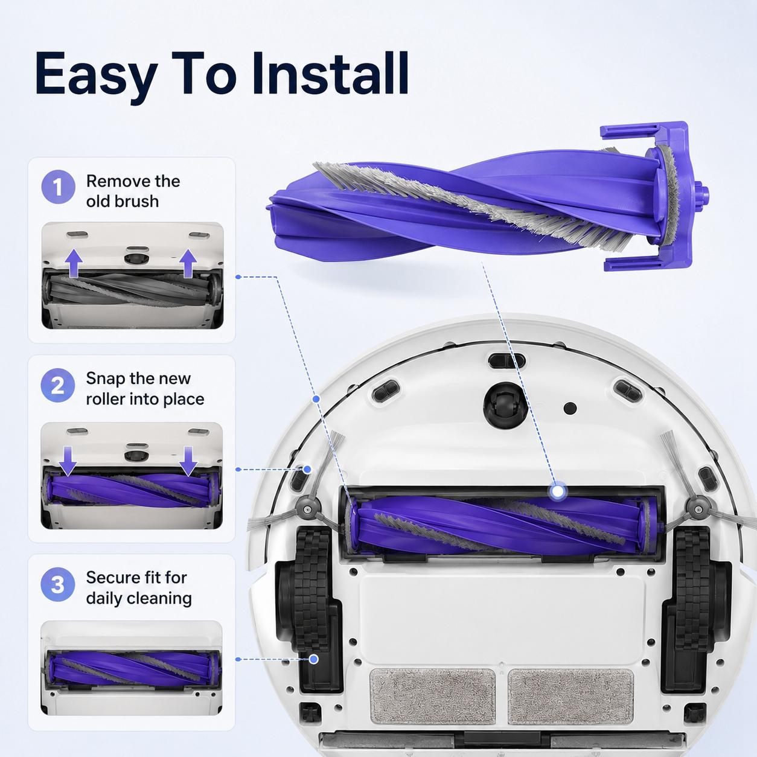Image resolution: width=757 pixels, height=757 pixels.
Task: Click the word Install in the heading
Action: click(330, 74)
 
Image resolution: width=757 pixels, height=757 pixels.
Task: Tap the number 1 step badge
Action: click(58, 187)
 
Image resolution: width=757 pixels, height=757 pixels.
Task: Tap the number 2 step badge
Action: click(58, 385)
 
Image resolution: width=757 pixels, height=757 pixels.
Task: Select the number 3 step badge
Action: click(58, 584)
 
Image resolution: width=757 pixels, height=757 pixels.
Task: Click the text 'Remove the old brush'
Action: click(133, 191)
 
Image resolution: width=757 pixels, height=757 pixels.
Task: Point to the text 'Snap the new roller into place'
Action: click(145, 389)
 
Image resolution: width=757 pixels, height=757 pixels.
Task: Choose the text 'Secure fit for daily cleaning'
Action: click(139, 588)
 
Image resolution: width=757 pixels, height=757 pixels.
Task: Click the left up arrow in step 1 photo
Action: click(74, 264)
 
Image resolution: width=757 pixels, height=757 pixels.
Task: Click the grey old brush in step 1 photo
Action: click(132, 289)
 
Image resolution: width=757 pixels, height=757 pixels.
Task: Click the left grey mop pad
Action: click(432, 697)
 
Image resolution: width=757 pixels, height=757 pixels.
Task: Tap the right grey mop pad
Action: click(570, 697)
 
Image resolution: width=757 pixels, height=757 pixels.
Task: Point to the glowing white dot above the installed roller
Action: click(557, 491)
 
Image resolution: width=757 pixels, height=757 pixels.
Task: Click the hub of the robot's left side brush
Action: click(305, 509)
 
